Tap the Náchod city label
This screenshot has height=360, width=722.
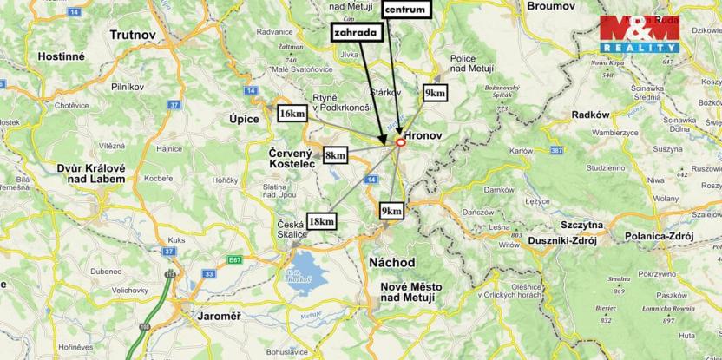tap(391, 262)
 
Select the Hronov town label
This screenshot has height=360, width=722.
tap(428, 136)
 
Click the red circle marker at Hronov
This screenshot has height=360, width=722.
tap(400, 142)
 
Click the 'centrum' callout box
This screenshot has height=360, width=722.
tap(404, 10)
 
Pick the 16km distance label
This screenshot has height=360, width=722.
tap(292, 113)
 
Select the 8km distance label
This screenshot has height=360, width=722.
tap(335, 155)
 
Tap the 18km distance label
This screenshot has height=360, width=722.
tap(320, 221)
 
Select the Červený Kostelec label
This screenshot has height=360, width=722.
tap(292, 158)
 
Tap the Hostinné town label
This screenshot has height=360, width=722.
tap(62, 55)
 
